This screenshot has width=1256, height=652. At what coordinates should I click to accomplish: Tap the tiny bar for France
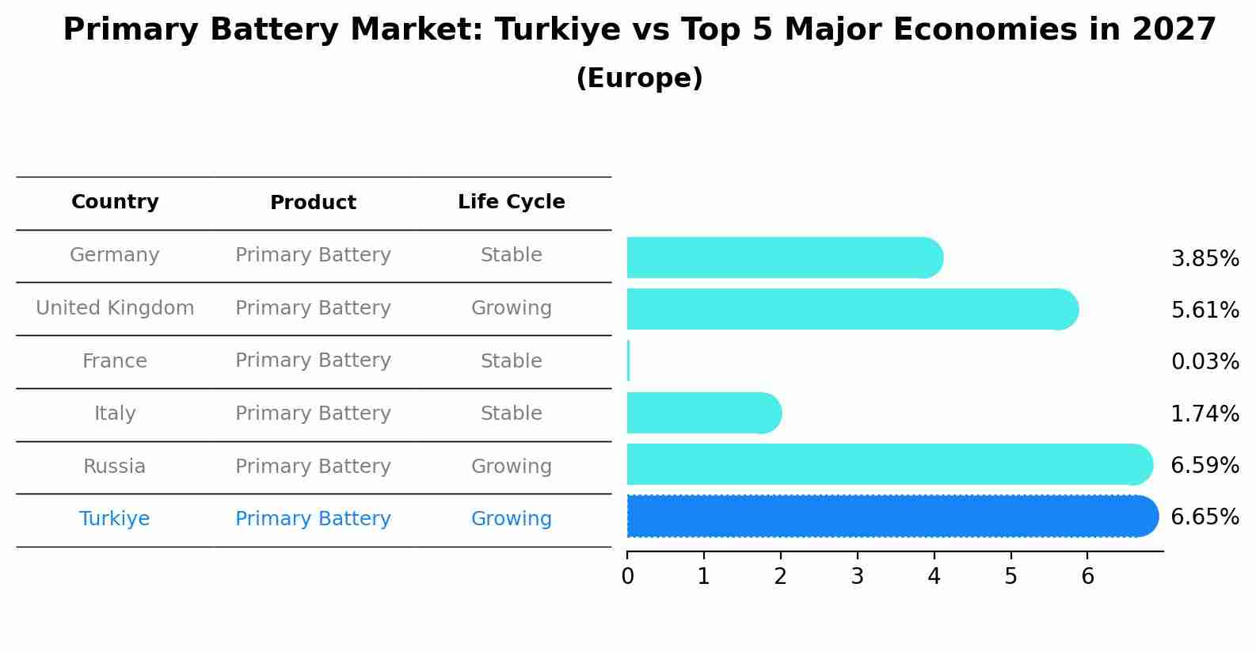[629, 361]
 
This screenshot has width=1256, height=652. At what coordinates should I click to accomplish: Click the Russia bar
[887, 464]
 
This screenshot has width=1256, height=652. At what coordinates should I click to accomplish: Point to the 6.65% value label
[1205, 517]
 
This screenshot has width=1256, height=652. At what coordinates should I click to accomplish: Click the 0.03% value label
[1205, 362]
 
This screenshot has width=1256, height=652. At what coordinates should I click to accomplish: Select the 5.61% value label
[1205, 311]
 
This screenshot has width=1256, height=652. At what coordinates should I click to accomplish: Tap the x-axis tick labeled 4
[934, 577]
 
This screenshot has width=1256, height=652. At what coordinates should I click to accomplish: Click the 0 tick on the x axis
[628, 577]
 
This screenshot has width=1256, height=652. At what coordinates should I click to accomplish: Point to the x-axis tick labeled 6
[1087, 577]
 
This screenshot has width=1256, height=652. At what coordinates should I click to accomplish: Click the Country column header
[115, 202]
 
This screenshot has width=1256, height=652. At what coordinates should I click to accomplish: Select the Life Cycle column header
[511, 202]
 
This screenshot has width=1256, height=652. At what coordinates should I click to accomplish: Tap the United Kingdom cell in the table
[115, 308]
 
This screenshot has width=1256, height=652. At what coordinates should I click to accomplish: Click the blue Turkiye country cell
[115, 519]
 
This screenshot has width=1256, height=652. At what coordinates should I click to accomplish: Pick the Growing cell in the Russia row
[511, 467]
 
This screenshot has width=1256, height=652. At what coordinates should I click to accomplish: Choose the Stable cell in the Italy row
[511, 414]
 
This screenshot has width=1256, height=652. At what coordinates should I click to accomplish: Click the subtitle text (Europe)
[639, 78]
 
